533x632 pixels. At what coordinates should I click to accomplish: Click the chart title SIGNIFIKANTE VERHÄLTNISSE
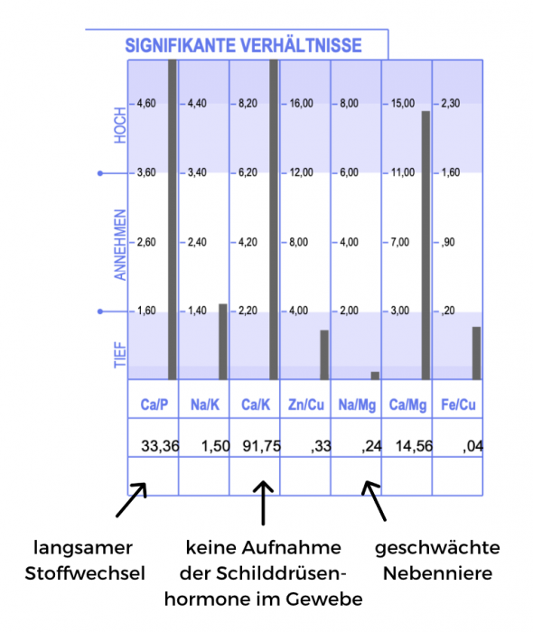tap(243, 45)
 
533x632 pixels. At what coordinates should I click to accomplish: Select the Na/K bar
tap(223, 342)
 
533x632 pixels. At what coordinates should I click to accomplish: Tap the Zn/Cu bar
tap(324, 355)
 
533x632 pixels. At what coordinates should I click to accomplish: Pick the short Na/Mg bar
tap(375, 376)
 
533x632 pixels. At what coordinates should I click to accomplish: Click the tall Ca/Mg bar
tap(425, 246)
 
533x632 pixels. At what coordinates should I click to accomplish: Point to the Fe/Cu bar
tap(477, 353)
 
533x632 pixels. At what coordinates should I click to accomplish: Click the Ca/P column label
tap(154, 404)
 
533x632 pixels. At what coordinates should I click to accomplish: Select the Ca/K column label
tap(256, 404)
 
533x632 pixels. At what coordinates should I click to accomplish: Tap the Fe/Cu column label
tap(458, 404)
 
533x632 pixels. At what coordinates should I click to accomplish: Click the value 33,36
tap(160, 446)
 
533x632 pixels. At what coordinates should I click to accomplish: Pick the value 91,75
tap(262, 446)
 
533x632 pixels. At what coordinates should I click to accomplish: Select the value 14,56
tap(414, 446)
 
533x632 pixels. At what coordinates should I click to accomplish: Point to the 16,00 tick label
tap(301, 103)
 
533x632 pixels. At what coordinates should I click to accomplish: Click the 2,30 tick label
tap(451, 103)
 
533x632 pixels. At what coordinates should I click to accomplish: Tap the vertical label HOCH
tap(120, 125)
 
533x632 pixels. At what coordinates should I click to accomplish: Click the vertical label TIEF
tap(120, 355)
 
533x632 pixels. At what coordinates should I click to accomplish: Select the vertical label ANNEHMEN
tap(120, 245)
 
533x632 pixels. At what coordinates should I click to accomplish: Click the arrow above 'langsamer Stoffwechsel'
tap(131, 500)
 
